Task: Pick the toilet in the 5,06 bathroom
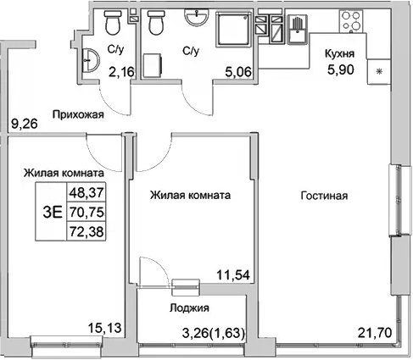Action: [154, 25]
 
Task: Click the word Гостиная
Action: [324, 196]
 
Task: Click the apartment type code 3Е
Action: [53, 212]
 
